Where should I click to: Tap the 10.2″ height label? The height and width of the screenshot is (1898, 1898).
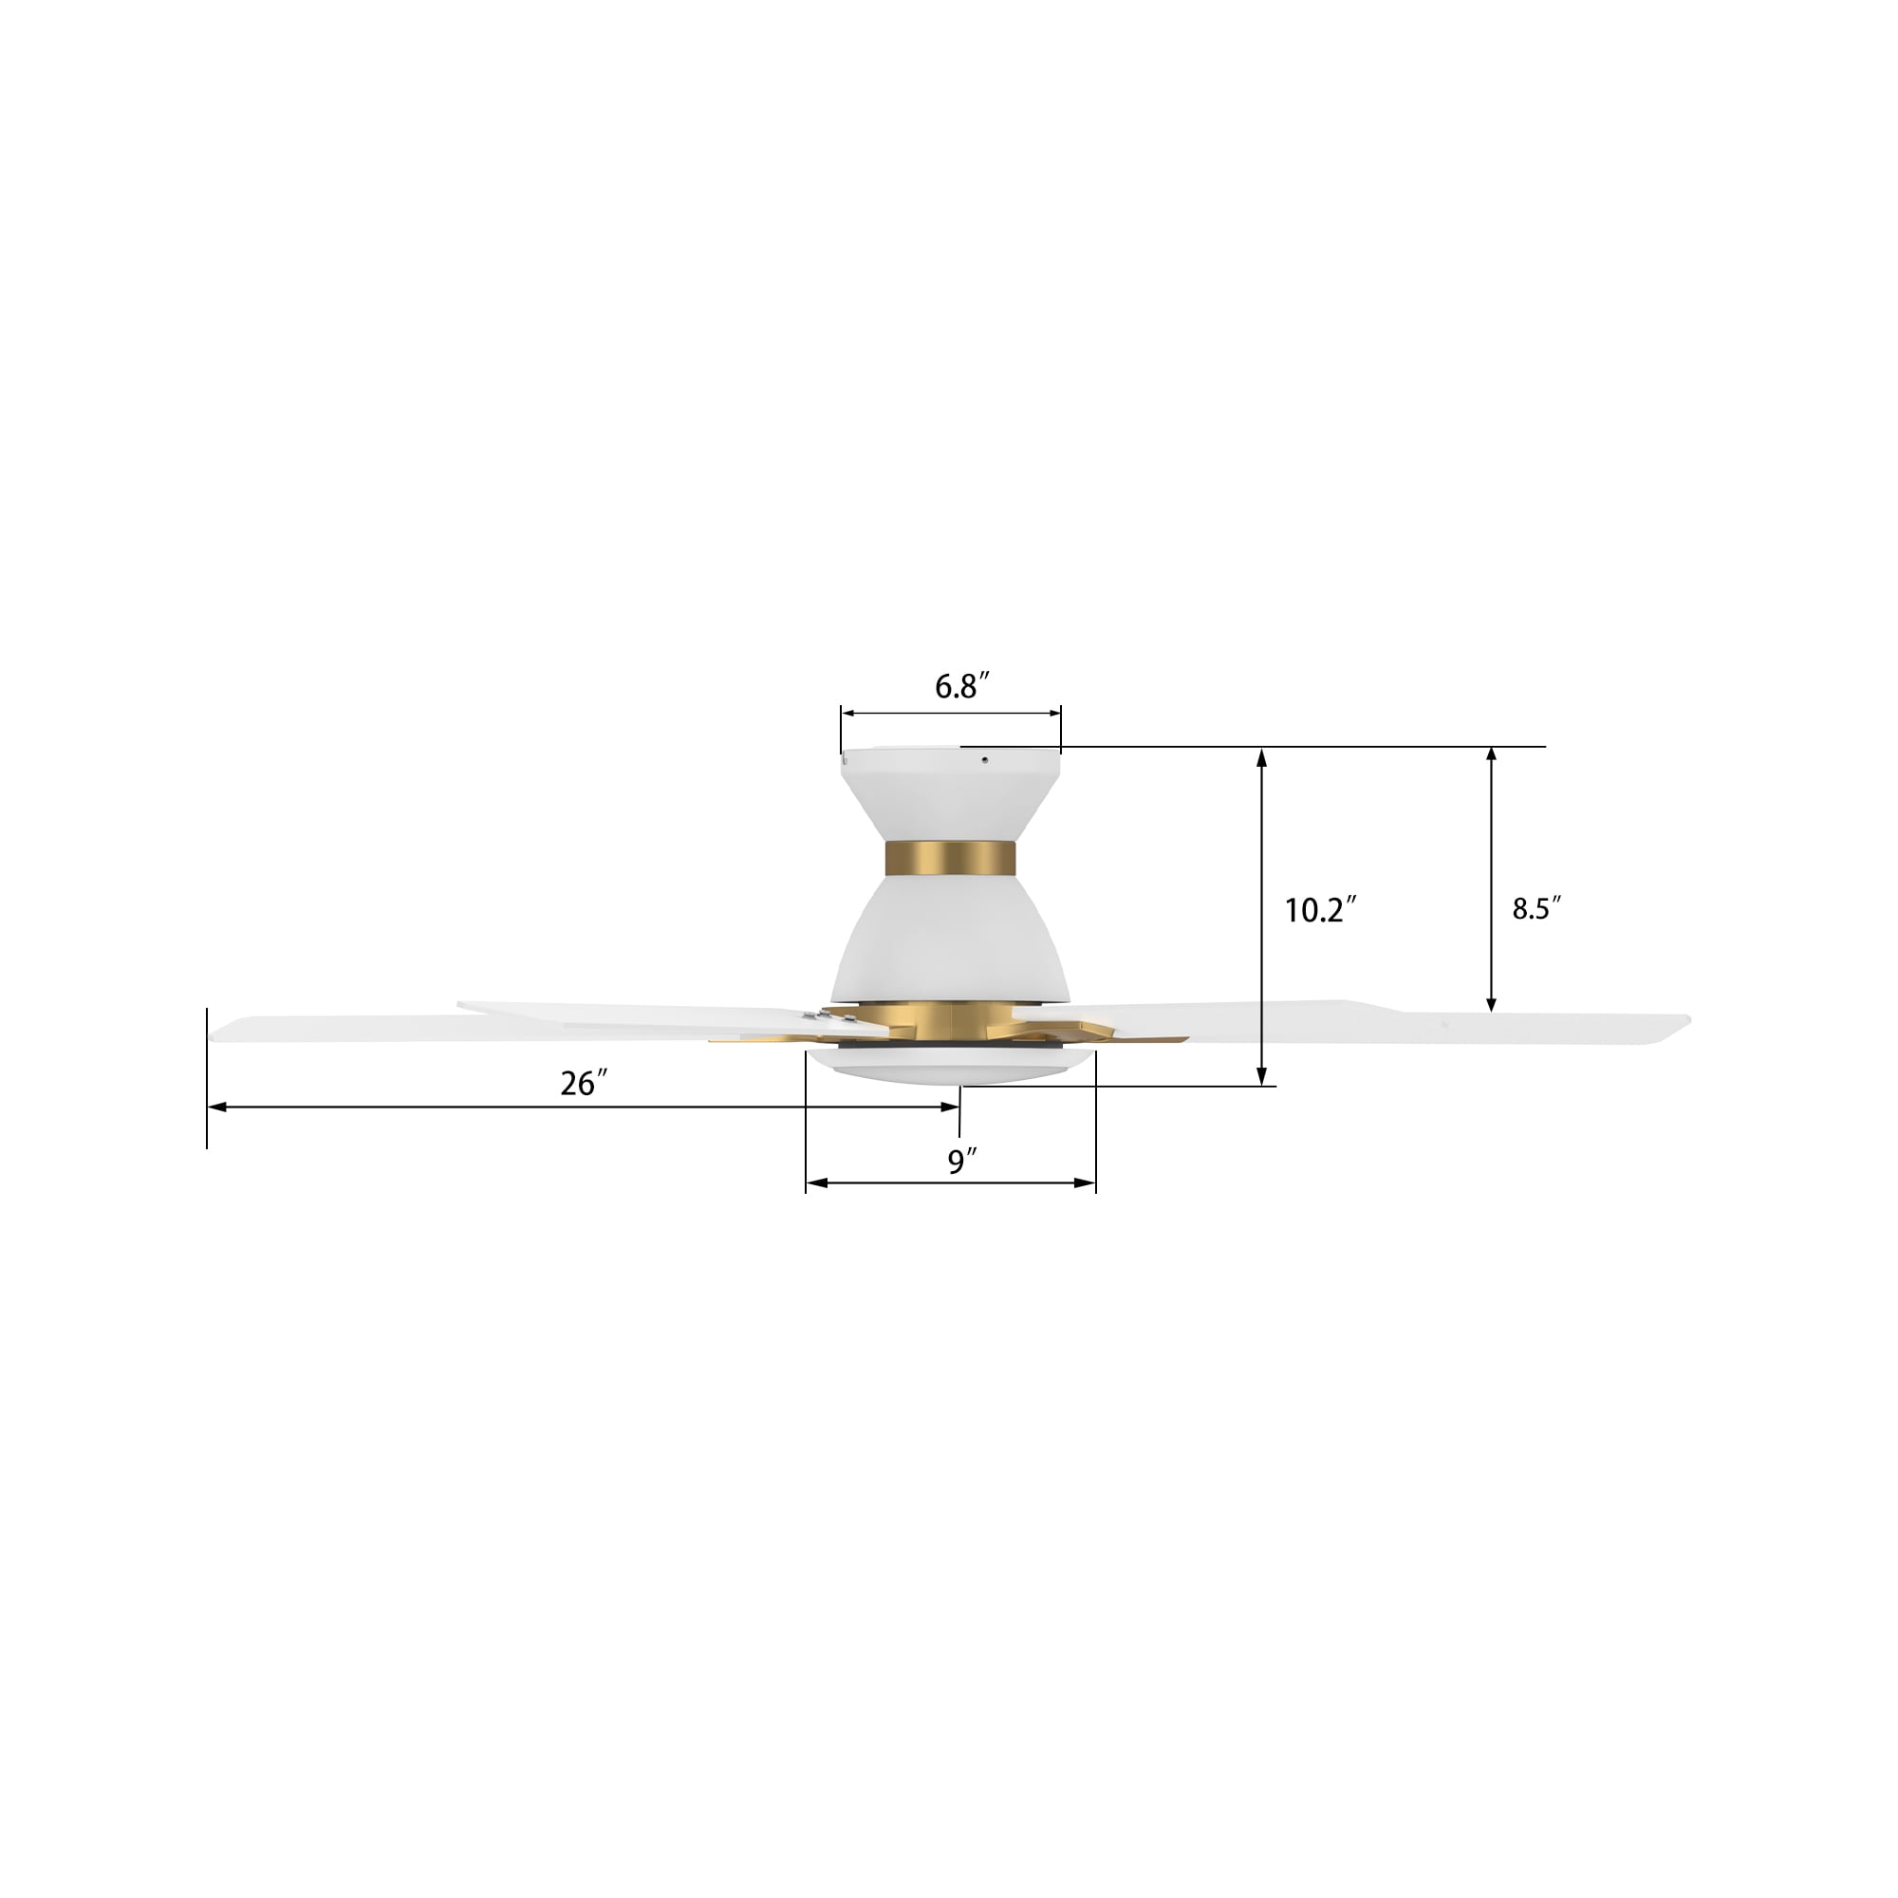pyautogui.click(x=1320, y=911)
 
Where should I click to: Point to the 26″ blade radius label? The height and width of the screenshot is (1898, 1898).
pyautogui.click(x=584, y=1084)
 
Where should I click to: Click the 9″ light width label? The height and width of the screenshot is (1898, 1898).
pyautogui.click(x=961, y=1163)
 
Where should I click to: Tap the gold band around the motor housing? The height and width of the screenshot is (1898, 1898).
pyautogui.click(x=949, y=859)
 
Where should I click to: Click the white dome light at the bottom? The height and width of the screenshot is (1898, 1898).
pyautogui.click(x=949, y=1065)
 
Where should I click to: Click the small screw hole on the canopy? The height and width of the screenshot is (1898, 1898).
pyautogui.click(x=985, y=758)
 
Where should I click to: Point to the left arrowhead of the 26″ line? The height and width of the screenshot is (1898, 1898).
pyautogui.click(x=216, y=1107)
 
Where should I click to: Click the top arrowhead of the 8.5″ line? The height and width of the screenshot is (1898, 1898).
pyautogui.click(x=1491, y=754)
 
